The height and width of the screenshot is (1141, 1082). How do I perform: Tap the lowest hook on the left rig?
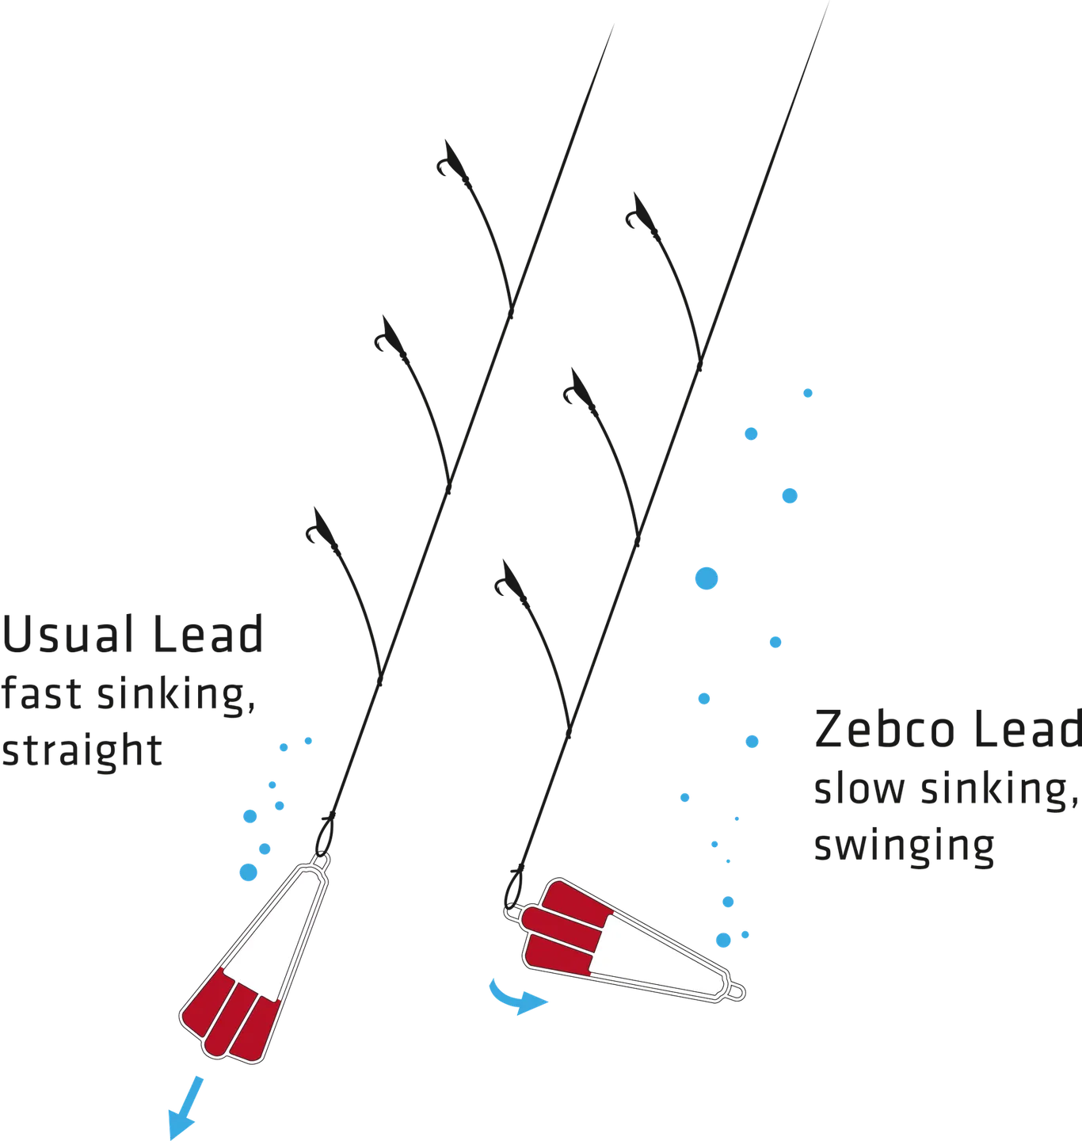(317, 526)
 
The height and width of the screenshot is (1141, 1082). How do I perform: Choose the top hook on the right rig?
(636, 212)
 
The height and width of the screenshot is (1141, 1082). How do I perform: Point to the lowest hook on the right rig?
(504, 583)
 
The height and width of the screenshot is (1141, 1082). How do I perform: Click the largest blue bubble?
(704, 578)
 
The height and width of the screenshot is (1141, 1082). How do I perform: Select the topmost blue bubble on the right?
(808, 392)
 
